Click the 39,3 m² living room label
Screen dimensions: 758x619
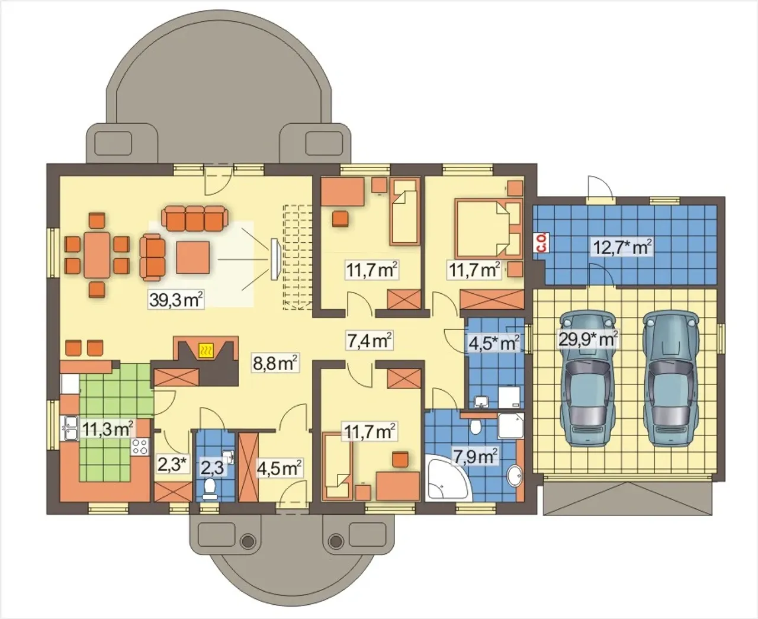[x=176, y=300]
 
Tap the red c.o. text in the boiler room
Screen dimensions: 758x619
[x=542, y=242]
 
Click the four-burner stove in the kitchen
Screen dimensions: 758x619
[x=139, y=447]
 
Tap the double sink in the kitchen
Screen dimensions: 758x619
[x=69, y=428]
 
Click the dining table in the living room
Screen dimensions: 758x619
[x=97, y=255]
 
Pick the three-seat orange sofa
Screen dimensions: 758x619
[x=195, y=218]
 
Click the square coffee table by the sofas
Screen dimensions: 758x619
[x=192, y=257]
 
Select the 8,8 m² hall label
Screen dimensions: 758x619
[x=275, y=364]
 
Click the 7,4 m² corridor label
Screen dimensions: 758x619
[x=369, y=340]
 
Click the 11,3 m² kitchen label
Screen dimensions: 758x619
[x=107, y=428]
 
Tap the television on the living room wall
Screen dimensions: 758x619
[x=275, y=259]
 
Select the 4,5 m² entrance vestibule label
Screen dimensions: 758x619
[x=279, y=468]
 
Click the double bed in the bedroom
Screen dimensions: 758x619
[x=489, y=228]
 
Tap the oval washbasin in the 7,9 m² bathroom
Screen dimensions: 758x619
[x=515, y=476]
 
